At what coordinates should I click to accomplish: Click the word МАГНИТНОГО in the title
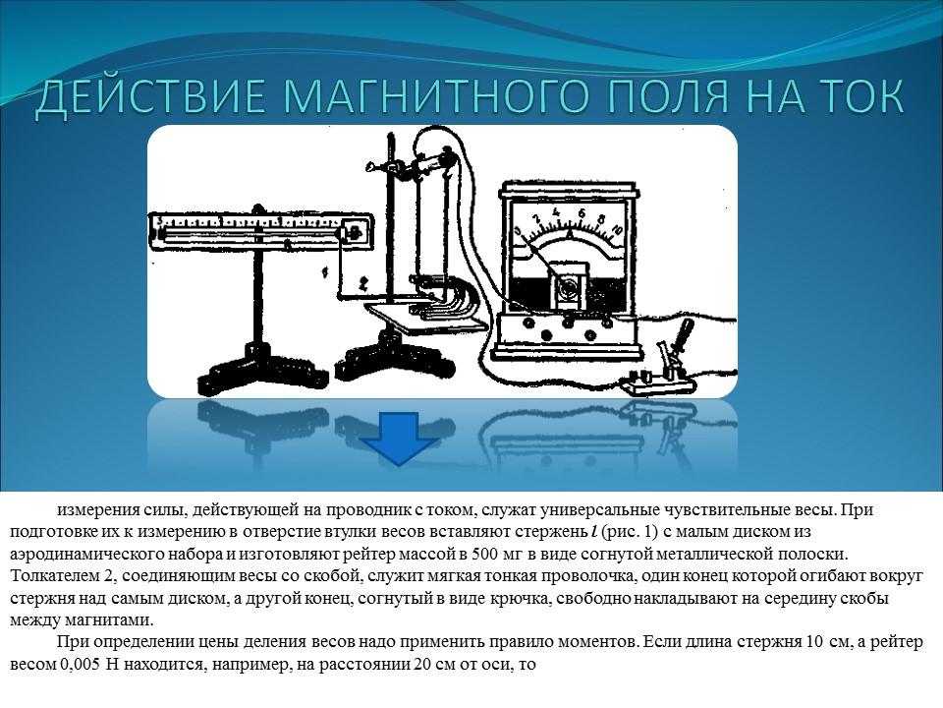436,99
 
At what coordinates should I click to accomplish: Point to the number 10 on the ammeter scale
615,229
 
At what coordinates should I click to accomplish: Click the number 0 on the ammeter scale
518,230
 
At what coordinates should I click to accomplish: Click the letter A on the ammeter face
569,238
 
